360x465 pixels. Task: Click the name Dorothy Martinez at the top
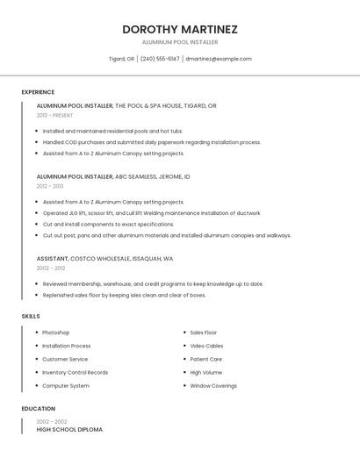180,29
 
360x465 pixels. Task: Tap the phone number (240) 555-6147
160,59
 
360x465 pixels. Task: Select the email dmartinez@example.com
219,59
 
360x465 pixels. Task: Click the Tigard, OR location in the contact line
121,59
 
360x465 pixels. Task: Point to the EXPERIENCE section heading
38,92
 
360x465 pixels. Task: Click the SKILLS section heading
31,316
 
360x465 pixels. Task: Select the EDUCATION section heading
39,409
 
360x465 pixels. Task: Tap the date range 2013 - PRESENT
54,115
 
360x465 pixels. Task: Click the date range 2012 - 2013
50,186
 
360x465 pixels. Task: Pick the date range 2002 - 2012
51,268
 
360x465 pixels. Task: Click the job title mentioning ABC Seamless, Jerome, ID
113,176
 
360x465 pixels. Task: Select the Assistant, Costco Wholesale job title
104,259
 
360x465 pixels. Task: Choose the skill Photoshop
56,333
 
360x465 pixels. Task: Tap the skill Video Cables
206,346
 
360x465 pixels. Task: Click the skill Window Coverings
213,386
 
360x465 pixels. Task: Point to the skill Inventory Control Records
76,372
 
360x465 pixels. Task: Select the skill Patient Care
206,359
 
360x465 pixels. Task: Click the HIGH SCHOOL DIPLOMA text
69,430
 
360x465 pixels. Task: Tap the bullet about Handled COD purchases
152,142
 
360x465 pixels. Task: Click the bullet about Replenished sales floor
124,295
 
